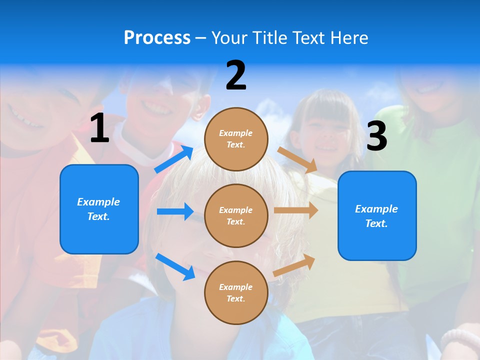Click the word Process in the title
157,37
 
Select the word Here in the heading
348,37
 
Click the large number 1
99,128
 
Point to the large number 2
236,75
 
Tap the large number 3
376,136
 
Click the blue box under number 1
99,209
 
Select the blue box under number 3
377,215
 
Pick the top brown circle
236,139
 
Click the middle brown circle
236,215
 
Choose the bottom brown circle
236,292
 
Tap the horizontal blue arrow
175,211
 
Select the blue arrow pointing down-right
175,266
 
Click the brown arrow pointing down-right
297,160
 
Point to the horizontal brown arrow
296,210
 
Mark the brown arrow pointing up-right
294,265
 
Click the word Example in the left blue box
98,202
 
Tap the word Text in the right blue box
375,223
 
